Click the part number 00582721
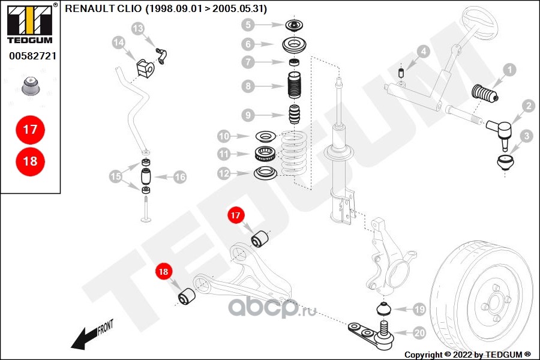tap(33, 56)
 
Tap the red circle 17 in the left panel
tap(31, 130)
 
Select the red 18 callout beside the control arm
tap(163, 272)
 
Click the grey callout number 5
tap(248, 25)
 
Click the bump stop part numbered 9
tap(294, 115)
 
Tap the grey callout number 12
tap(224, 173)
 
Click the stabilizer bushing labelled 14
tap(145, 68)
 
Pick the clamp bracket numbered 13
tap(161, 56)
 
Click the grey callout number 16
tap(180, 177)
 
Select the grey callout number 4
tap(423, 52)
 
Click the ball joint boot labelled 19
tap(383, 308)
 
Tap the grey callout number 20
tap(419, 333)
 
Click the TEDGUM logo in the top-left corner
tap(29, 23)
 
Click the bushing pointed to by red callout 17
tap(261, 239)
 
